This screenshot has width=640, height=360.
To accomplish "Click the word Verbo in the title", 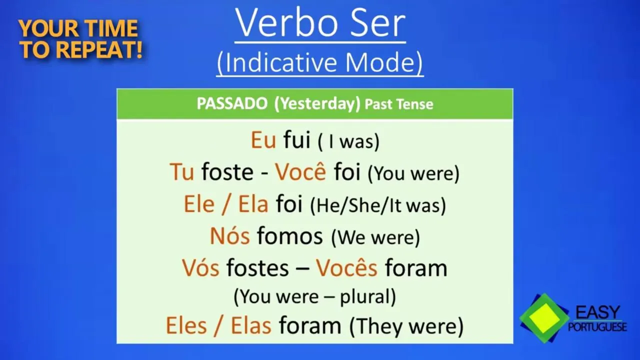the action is tap(287, 23).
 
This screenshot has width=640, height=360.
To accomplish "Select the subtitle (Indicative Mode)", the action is tap(319, 62).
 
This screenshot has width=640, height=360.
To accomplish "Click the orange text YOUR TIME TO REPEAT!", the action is tap(80, 39).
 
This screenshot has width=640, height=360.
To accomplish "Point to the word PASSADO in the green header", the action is tap(232, 103).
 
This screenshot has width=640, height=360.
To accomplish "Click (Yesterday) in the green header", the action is tap(317, 104).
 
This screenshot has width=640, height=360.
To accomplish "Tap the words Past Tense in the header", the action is tap(399, 104).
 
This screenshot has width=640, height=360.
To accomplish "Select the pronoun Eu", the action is tap(263, 140).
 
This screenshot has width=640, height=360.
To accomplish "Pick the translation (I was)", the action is tap(349, 141).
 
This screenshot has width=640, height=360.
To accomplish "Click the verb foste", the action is tap(227, 172).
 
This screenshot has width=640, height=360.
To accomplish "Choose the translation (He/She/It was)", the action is tap(378, 205).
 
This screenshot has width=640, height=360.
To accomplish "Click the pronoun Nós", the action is tap(229, 236).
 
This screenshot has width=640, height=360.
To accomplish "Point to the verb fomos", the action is tap(290, 236).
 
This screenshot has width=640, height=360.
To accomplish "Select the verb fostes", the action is tap(257, 268).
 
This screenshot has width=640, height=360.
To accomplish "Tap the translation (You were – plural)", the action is tap(315, 297).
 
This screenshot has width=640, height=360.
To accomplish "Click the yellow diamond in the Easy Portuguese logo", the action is tap(544, 318).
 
